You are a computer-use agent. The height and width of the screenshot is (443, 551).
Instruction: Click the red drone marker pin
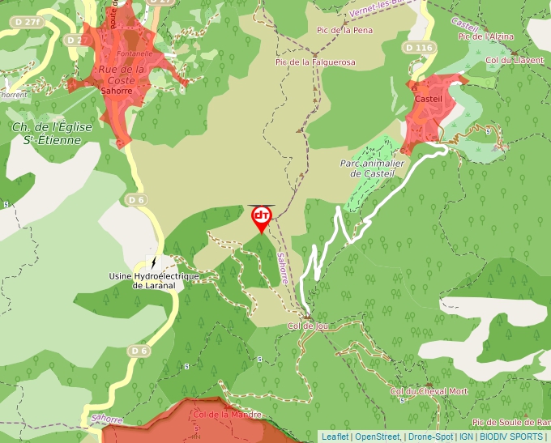(262, 217)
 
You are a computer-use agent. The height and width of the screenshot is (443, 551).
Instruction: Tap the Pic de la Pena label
(344, 31)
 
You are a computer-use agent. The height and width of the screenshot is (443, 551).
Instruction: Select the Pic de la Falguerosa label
(315, 62)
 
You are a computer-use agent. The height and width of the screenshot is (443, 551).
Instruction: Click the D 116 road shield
(418, 49)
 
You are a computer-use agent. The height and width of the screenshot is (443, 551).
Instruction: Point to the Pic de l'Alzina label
(487, 36)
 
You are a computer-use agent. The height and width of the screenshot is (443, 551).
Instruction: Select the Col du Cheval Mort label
(429, 392)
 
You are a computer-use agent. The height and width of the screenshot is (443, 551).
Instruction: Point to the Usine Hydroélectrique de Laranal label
(154, 280)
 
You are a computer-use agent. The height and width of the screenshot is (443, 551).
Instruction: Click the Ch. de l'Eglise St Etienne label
(52, 133)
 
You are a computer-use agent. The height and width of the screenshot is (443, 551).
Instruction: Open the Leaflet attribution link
(335, 437)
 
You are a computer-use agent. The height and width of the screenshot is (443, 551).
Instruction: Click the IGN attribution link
(466, 437)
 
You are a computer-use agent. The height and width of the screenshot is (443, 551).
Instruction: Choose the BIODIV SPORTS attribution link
(511, 437)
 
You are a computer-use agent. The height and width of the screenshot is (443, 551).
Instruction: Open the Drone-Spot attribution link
(431, 437)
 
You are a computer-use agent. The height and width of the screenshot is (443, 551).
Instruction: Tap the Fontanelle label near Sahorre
(135, 53)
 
